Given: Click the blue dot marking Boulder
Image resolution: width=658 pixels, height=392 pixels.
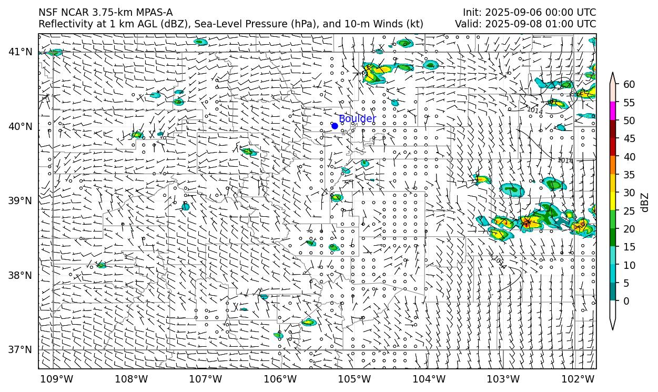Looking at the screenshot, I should [x=335, y=126].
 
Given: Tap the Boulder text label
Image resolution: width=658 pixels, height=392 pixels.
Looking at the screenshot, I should [x=357, y=119].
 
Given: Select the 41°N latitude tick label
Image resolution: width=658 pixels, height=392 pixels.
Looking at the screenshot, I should [x=21, y=52].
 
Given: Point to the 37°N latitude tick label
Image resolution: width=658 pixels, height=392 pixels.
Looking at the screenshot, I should [x=21, y=349].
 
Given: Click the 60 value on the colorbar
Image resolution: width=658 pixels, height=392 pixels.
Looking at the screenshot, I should [x=629, y=84].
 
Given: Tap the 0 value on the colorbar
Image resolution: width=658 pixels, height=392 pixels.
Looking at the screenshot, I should [x=626, y=301].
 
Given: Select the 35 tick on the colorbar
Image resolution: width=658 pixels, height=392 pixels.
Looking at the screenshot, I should [x=629, y=175].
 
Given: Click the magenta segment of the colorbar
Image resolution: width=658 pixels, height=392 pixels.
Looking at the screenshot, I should [x=613, y=111].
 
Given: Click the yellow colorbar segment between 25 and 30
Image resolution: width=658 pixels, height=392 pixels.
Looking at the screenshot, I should [x=613, y=202].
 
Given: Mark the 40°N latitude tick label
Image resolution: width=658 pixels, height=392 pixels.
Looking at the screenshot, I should [x=21, y=126].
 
